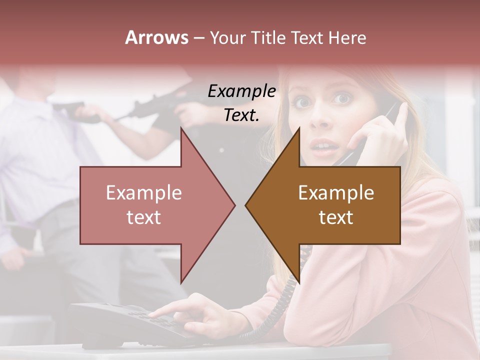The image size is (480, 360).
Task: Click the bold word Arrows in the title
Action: click(156, 37)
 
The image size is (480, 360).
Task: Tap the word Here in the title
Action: click(347, 37)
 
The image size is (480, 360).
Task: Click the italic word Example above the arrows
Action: click(241, 91)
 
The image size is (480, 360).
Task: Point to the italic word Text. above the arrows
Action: click(241, 115)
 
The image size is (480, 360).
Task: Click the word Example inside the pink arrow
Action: click(144, 193)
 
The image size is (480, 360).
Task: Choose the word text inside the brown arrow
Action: click(336, 217)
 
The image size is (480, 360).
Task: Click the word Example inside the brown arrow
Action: click(336, 193)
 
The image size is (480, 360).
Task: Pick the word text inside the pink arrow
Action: click(144, 217)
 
